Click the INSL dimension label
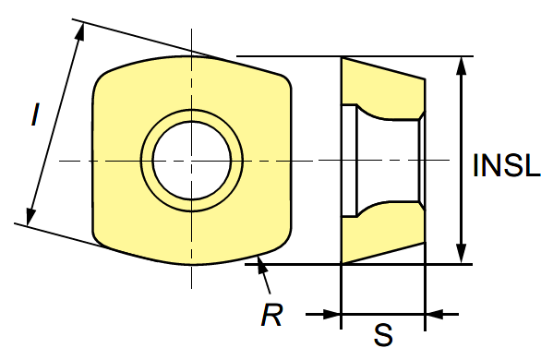pyautogui.click(x=507, y=165)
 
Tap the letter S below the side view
pyautogui.click(x=382, y=335)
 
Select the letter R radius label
pyautogui.click(x=271, y=315)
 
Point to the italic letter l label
pyautogui.click(x=34, y=114)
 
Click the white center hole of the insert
pyautogui.click(x=192, y=161)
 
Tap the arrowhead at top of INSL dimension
pyautogui.click(x=462, y=66)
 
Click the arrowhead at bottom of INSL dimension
pyautogui.click(x=462, y=253)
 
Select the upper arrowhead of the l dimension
pyautogui.click(x=80, y=31)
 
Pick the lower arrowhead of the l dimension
pyautogui.click(x=31, y=215)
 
